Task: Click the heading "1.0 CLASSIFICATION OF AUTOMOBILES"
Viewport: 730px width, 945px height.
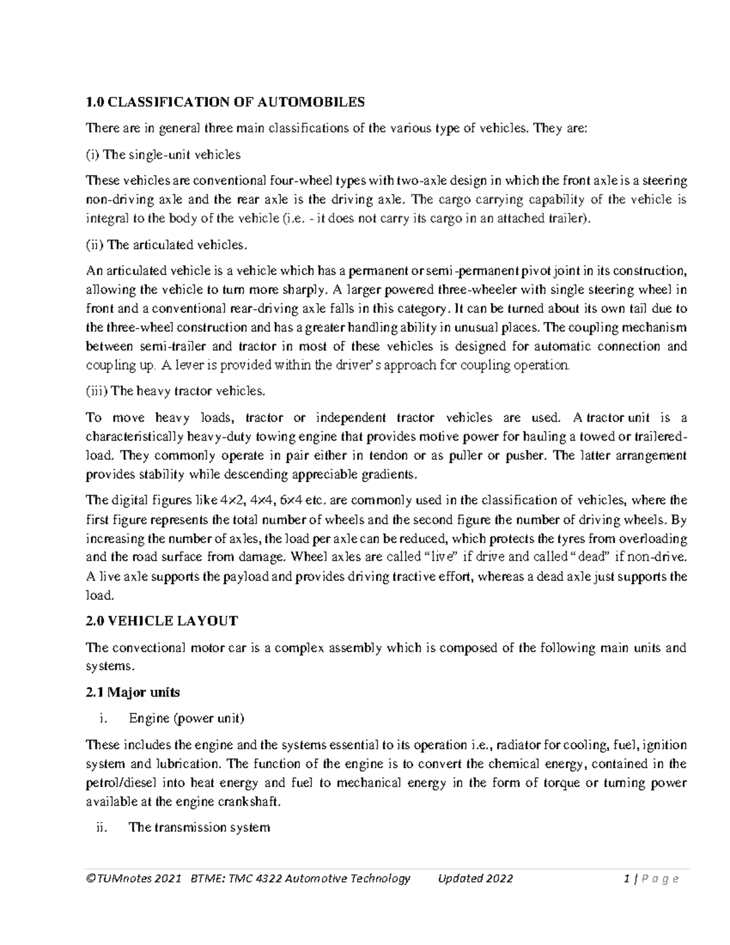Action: (225, 102)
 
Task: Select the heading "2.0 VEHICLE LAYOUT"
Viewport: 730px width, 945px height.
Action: (162, 621)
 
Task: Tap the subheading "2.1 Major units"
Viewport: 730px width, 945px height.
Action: (133, 692)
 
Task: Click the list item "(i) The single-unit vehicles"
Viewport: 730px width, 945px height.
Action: (163, 155)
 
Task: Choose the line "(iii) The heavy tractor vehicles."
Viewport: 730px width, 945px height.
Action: (176, 391)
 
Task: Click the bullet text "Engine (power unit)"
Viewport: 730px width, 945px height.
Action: (186, 719)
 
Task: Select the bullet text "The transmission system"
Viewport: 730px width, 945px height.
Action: (199, 828)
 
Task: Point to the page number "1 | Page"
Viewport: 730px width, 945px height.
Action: (652, 879)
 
